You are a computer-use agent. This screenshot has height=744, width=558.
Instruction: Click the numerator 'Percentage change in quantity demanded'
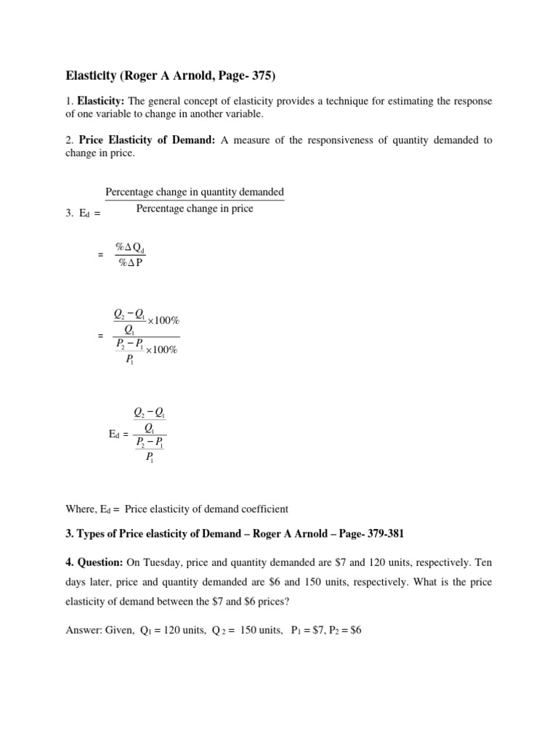pyautogui.click(x=195, y=192)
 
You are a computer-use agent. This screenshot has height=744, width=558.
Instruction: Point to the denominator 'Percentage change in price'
pyautogui.click(x=195, y=209)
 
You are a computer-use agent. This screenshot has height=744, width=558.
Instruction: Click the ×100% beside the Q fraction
pyautogui.click(x=163, y=320)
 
